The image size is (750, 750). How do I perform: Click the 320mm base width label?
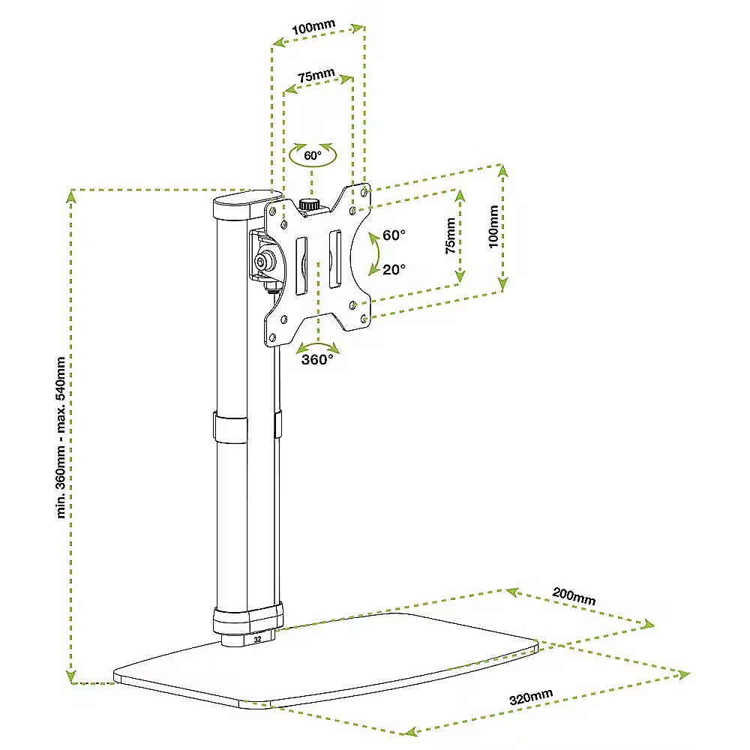coord(530,697)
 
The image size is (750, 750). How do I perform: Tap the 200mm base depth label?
coord(574,596)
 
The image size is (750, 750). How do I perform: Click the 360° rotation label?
coord(317,360)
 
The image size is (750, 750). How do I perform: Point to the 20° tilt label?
coord(394,269)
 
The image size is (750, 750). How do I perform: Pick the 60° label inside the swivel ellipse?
coord(313,156)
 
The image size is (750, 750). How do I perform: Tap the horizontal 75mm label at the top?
coord(316,76)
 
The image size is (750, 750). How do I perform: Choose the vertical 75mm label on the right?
coord(449,236)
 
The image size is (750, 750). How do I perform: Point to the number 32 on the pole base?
coord(258,640)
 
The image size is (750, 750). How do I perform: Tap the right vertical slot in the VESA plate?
coord(335,259)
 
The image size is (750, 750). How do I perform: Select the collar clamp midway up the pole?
coord(230,429)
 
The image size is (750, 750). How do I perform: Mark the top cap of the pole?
coord(241,205)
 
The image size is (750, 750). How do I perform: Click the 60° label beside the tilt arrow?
coord(394,235)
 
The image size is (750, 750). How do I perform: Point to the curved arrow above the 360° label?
coord(317,346)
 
